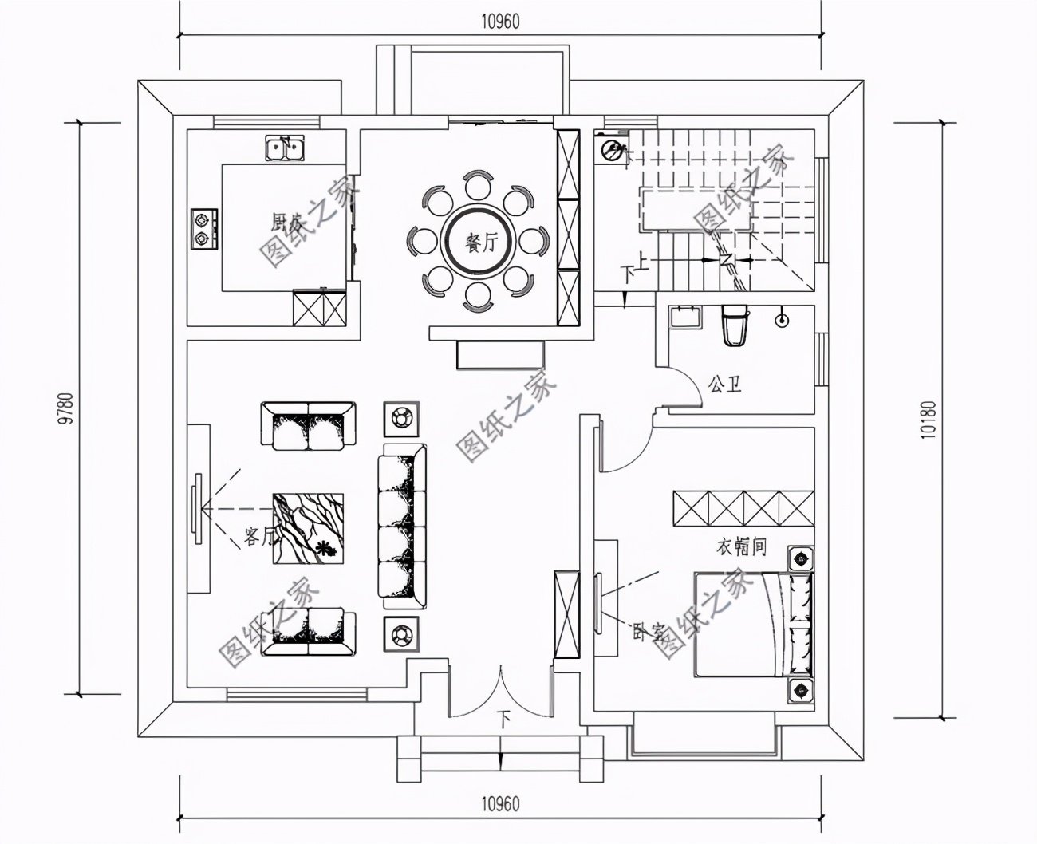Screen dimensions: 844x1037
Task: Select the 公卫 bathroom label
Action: (724, 386)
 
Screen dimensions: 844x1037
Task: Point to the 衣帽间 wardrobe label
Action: (741, 547)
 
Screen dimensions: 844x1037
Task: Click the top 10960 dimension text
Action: (500, 22)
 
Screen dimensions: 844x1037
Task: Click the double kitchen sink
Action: (285, 148)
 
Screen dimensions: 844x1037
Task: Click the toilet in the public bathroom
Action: (733, 325)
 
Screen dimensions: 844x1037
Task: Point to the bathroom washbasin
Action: (684, 317)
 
